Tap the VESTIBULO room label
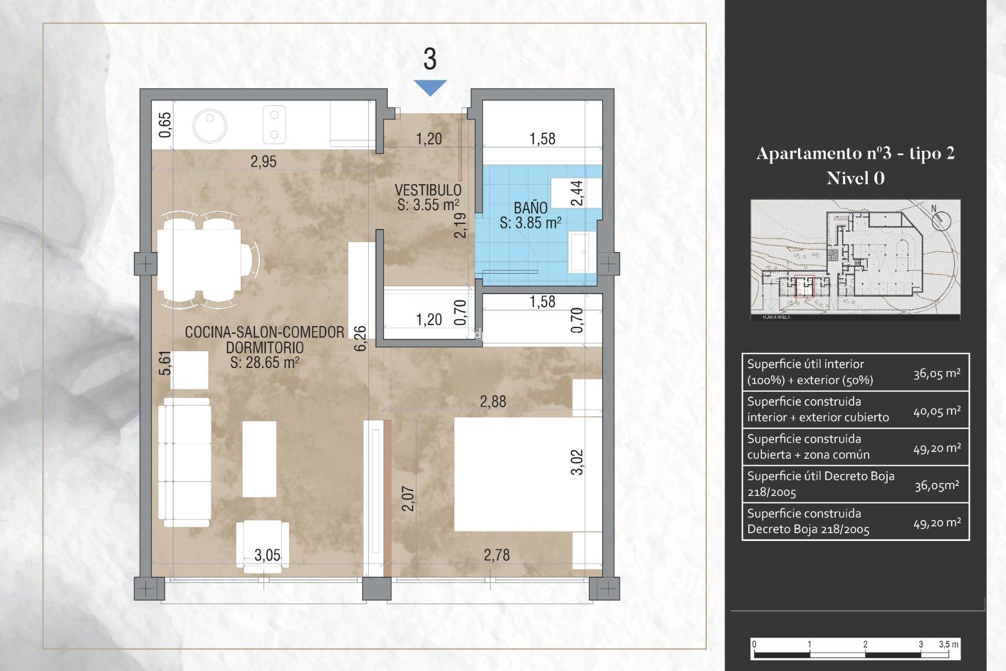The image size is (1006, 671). click(428, 190)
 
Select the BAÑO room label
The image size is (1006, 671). click(530, 208)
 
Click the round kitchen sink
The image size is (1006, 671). click(210, 126)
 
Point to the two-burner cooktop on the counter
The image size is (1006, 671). click(274, 125)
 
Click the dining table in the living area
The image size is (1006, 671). click(199, 261)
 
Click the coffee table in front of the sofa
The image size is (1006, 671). click(259, 459)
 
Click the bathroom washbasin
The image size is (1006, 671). click(582, 252)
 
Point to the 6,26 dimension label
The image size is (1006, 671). click(360, 338)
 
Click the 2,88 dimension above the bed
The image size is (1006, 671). click(493, 402)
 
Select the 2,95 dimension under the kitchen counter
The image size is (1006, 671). click(263, 161)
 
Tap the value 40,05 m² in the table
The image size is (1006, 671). click(937, 412)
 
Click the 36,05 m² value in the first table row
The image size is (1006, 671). click(937, 373)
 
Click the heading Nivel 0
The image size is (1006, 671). click(855, 179)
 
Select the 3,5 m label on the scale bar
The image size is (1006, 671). click(948, 644)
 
